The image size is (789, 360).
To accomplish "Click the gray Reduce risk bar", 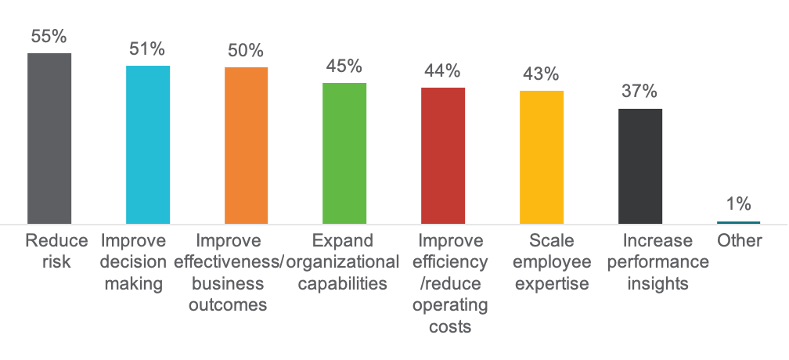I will pos(49,139).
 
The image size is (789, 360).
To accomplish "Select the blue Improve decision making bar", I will pos(148,145).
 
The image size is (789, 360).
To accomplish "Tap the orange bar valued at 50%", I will pos(246,146).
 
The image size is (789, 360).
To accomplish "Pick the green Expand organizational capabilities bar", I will pos(344,153).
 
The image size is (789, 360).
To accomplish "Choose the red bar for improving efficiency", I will pos(443,156).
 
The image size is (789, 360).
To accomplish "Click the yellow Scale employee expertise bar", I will pos(541,157).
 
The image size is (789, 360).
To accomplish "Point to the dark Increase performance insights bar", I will pos(639,166).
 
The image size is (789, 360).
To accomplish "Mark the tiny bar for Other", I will pos(738,222).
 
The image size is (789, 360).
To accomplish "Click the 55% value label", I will pos(49,37).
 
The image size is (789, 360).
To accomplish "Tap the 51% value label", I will pos(147,49).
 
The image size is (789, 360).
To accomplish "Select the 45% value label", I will pos(344,67).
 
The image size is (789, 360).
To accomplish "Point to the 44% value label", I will pos(442,71).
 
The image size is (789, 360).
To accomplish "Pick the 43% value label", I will pos(541,74).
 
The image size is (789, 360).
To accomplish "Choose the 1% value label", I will pos(738,203).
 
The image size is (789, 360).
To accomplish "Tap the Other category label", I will pos(739,240).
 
